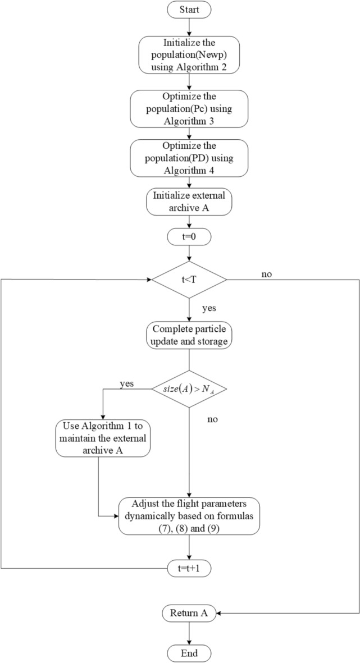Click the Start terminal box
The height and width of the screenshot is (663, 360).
(x=189, y=10)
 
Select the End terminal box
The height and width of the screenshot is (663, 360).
(x=189, y=653)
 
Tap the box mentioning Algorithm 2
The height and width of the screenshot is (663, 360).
(x=189, y=56)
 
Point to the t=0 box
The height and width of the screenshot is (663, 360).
(x=189, y=237)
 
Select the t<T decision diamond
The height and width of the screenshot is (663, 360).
(x=189, y=279)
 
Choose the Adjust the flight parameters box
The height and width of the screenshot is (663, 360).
(x=189, y=515)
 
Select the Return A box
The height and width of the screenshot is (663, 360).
(x=189, y=613)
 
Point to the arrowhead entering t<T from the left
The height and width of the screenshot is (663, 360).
(x=150, y=279)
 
